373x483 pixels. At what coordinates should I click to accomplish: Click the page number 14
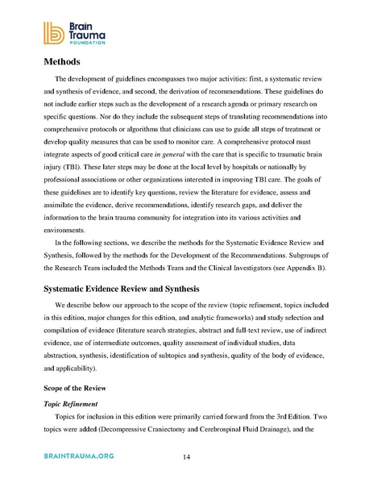[186, 458]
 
